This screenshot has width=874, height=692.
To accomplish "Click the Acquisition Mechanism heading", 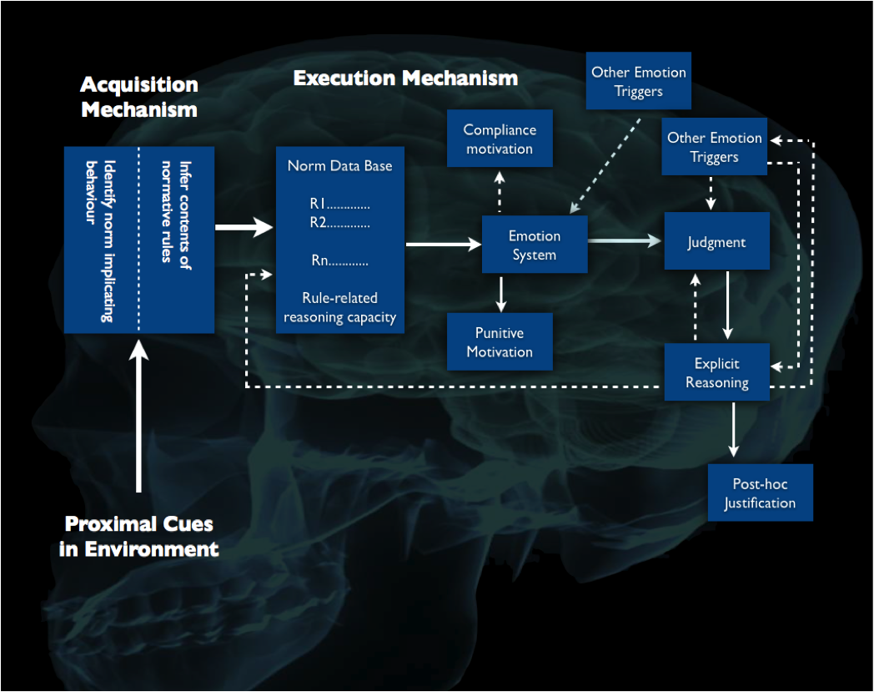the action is (x=139, y=97).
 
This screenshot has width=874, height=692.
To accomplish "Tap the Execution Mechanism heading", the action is (x=406, y=78).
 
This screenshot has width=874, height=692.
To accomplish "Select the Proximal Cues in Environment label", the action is (x=138, y=536).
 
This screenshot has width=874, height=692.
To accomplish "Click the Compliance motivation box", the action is (x=500, y=139).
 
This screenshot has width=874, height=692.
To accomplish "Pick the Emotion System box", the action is (x=535, y=245).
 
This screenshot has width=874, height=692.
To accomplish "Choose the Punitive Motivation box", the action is (x=500, y=341).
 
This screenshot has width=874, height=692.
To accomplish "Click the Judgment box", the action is (x=717, y=241).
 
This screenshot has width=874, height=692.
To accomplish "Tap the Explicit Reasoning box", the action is (x=717, y=372).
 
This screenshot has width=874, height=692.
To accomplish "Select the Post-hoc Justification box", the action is (x=761, y=492).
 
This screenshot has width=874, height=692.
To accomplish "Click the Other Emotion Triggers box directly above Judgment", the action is (x=714, y=147).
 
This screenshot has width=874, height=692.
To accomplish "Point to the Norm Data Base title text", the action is (x=339, y=166).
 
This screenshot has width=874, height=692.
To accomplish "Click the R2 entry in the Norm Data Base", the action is (x=339, y=223).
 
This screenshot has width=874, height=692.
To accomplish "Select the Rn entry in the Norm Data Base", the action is (x=339, y=260).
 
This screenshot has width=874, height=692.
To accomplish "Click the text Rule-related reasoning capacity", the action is (x=339, y=307).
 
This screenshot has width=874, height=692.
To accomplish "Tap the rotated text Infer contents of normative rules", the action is (x=176, y=215).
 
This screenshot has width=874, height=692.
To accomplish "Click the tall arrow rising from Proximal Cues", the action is (x=138, y=417).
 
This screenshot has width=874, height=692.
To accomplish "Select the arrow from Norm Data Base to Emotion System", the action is (x=444, y=245).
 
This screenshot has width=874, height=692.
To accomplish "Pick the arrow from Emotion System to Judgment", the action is (x=625, y=240).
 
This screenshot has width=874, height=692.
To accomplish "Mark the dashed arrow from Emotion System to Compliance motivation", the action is (x=500, y=191).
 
